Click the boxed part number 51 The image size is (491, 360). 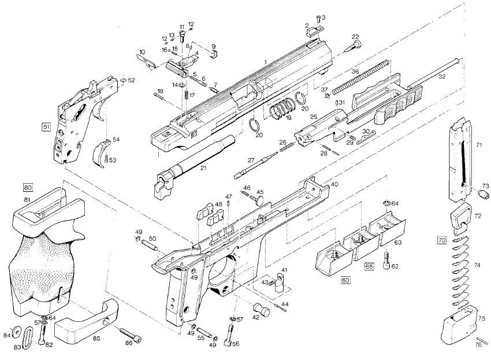point(46,127)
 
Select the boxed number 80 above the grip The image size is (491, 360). point(28,188)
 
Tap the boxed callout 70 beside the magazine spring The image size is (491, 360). point(441,240)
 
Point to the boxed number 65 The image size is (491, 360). point(369,266)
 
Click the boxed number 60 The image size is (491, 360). point(345,280)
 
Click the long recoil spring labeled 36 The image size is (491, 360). point(360,76)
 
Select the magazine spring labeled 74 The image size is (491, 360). point(462,272)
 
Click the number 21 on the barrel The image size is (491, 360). point(203,168)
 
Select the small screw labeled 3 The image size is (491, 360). point(318,18)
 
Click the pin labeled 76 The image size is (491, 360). point(479,339)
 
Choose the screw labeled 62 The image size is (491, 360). point(386,261)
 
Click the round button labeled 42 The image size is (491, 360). point(262,309)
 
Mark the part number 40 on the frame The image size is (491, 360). point(334,184)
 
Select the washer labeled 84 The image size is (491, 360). point(16,332)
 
